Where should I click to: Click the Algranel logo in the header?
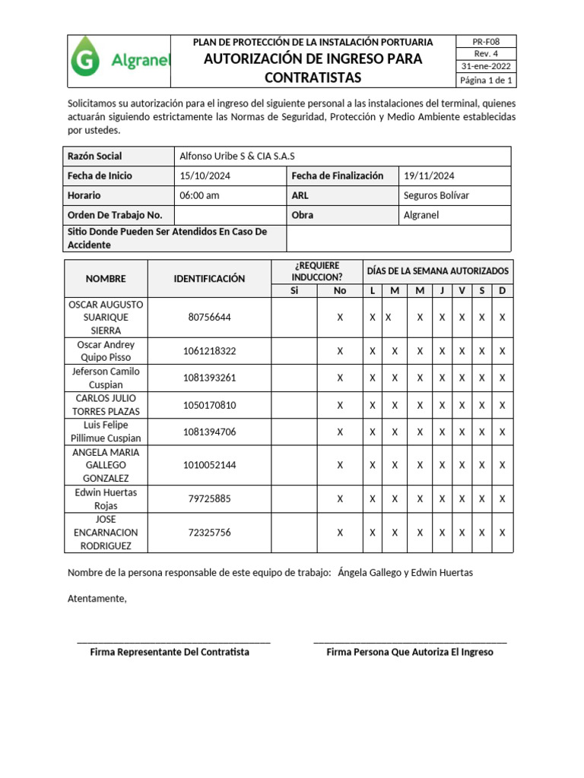point(120,62)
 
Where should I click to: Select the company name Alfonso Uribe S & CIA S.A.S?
point(236,156)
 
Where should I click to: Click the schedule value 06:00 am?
point(199,195)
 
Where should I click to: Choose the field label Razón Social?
point(95,156)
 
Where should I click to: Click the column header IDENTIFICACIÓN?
point(209,279)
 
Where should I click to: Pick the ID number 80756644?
point(209,318)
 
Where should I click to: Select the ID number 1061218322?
point(209,351)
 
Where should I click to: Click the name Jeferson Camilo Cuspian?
point(106,378)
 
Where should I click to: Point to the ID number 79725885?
point(209,499)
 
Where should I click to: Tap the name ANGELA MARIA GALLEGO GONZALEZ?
point(106,465)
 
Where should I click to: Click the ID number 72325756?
point(209,533)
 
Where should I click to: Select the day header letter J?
point(442,291)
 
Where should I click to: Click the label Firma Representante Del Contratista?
point(170,652)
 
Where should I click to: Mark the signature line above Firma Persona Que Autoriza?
point(410,643)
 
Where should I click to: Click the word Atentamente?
point(97,599)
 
